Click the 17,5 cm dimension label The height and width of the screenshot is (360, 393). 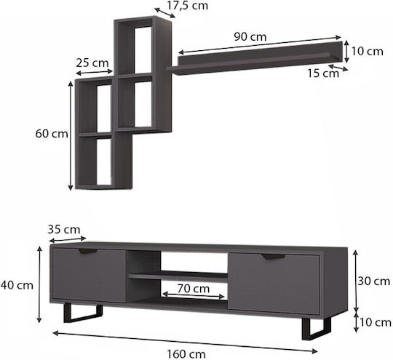188,6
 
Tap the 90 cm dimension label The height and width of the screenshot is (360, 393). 250,37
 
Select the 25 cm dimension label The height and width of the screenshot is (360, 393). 92,63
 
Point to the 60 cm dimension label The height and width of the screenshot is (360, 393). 52,134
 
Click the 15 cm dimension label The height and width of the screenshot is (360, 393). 323,73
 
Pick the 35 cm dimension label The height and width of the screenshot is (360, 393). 64,230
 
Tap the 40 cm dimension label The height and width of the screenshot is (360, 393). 17,285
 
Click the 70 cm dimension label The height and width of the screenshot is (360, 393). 194,289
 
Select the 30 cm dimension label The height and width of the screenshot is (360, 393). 373,281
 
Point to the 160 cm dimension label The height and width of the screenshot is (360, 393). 186,354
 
